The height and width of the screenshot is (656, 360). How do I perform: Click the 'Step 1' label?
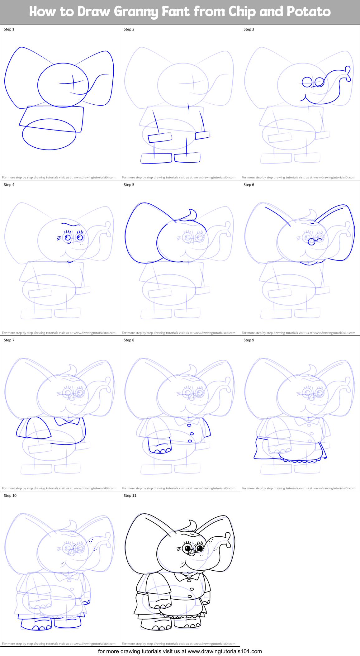pyautogui.click(x=9, y=29)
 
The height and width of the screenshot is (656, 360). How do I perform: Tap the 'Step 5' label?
pyautogui.click(x=129, y=185)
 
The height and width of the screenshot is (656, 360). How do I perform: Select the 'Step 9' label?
pyautogui.click(x=249, y=340)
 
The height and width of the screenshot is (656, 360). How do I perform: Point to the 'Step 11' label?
pyautogui.click(x=130, y=496)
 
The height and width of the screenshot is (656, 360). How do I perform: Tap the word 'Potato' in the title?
pyautogui.click(x=308, y=12)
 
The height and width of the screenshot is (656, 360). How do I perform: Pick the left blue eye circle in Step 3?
pyautogui.click(x=307, y=82)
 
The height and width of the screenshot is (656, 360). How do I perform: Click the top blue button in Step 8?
pyautogui.click(x=189, y=425)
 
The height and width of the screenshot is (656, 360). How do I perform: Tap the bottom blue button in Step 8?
pyautogui.click(x=190, y=441)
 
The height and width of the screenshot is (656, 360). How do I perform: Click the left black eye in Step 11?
pyautogui.click(x=187, y=549)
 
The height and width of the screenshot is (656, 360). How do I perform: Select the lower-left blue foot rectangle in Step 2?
pyautogui.click(x=156, y=158)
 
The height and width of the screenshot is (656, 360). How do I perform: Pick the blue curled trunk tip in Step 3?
pyautogui.click(x=348, y=74)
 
